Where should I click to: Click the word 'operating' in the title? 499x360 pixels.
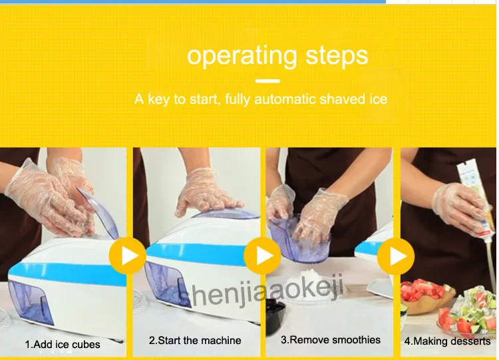click(x=242, y=57)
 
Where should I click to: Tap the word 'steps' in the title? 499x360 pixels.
click(x=337, y=57)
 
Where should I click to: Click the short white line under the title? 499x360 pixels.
click(x=267, y=81)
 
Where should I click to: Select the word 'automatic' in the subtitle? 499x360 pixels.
click(x=285, y=99)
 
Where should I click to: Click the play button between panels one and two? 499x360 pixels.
click(x=128, y=256)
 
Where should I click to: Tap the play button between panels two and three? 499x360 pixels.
click(x=262, y=256)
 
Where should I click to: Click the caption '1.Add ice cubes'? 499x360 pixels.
click(x=63, y=345)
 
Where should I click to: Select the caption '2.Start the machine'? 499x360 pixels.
click(x=195, y=340)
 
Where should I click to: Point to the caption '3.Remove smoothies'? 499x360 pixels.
click(x=331, y=339)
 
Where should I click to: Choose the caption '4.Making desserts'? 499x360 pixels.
click(x=448, y=341)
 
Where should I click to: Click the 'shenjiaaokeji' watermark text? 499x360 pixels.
click(x=261, y=291)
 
